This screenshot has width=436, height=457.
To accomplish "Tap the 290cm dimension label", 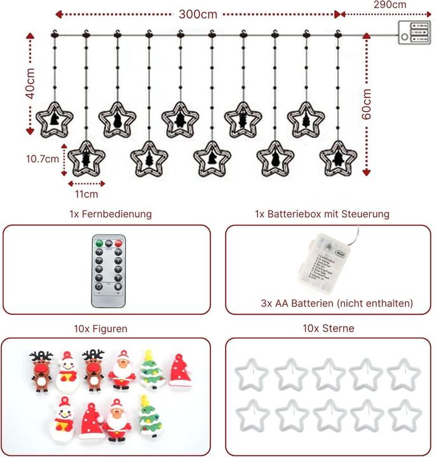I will coord(390,4).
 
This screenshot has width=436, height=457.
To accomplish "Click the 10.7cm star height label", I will coord(43,160).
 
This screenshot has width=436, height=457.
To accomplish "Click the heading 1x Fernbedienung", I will coord(111,214).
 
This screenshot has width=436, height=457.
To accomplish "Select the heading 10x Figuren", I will coord(100,329).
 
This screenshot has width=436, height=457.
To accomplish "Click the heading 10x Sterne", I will coord(329,329).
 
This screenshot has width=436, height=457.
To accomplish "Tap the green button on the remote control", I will coord(99,242).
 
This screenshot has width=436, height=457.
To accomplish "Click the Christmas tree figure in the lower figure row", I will coord(149,417).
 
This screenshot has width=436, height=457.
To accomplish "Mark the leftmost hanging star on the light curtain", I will coord(55,119).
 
